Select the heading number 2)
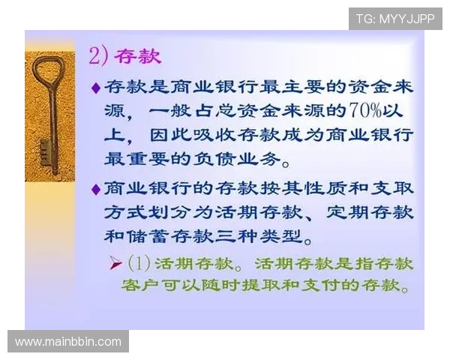(x=100, y=56)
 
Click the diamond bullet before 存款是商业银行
(x=95, y=88)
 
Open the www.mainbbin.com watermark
(x=68, y=342)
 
